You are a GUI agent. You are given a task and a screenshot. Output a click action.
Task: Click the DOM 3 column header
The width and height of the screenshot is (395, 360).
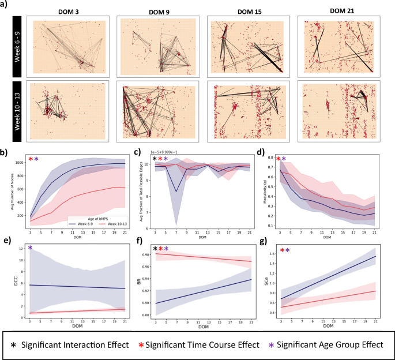tap(69, 11)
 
